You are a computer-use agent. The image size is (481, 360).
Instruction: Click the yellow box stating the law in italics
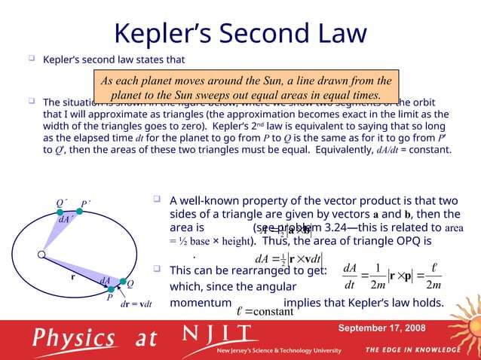247,88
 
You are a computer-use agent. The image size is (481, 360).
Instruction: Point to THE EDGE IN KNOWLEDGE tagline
412,350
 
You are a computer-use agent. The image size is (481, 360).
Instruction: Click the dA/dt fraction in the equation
349,276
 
